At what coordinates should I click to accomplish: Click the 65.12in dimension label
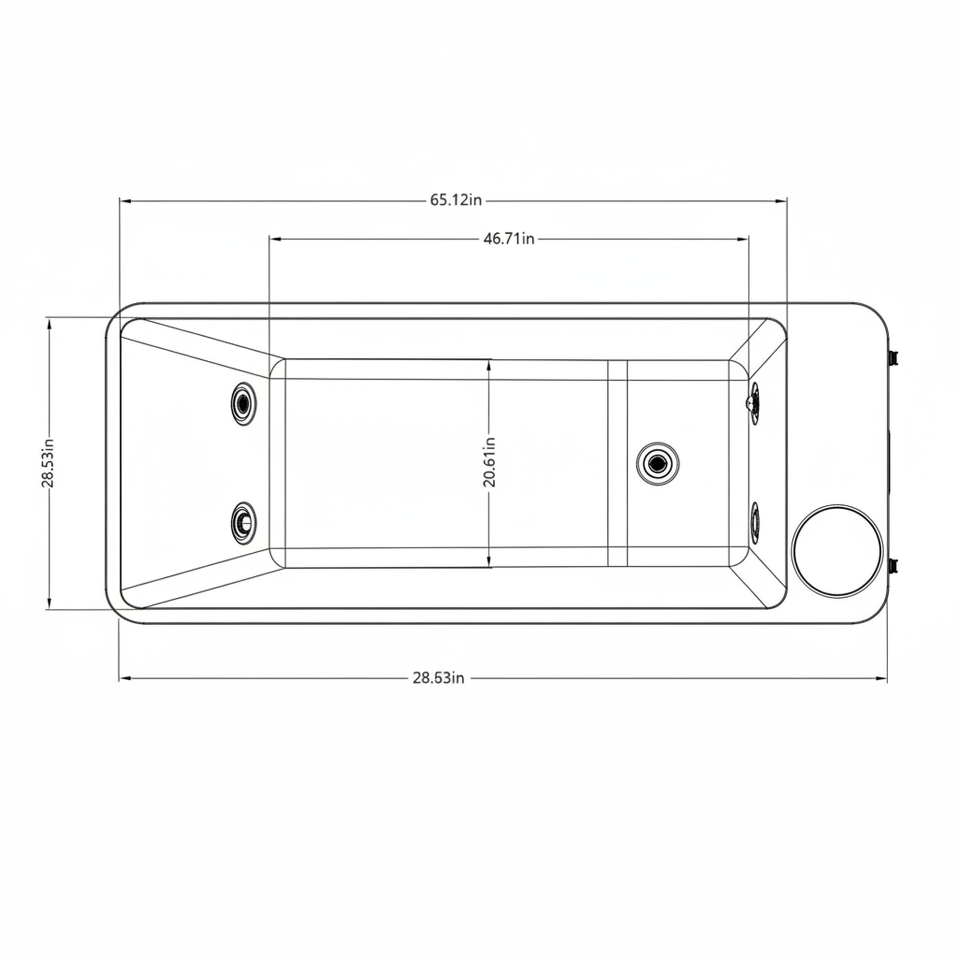click(x=455, y=200)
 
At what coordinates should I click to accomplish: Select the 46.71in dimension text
click(x=509, y=239)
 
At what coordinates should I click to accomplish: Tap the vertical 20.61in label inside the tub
click(x=490, y=462)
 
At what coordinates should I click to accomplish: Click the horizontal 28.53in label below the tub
click(x=438, y=678)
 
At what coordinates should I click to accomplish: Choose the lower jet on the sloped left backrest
click(x=243, y=522)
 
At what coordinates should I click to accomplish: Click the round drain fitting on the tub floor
click(x=658, y=464)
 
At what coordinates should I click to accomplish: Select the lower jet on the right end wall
click(x=755, y=524)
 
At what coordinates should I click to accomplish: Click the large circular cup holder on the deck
click(x=837, y=550)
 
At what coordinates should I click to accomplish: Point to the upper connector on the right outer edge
click(x=893, y=357)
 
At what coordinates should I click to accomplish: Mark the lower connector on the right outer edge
click(x=893, y=565)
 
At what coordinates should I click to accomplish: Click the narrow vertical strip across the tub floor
click(x=617, y=464)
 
